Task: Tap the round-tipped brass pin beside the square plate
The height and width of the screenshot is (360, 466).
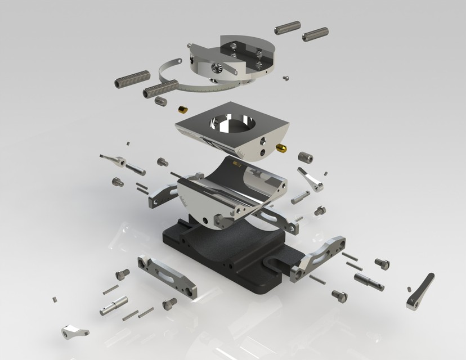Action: (280, 148)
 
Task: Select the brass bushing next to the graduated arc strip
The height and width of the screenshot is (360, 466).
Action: (183, 109)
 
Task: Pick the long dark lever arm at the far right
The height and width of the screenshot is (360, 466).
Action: (420, 291)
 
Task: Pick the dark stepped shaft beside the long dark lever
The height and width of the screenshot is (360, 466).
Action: (369, 281)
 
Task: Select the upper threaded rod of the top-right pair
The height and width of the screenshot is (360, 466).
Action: (287, 27)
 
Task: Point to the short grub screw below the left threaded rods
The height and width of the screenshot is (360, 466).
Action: (161, 101)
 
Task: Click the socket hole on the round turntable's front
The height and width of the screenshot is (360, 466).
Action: (214, 68)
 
